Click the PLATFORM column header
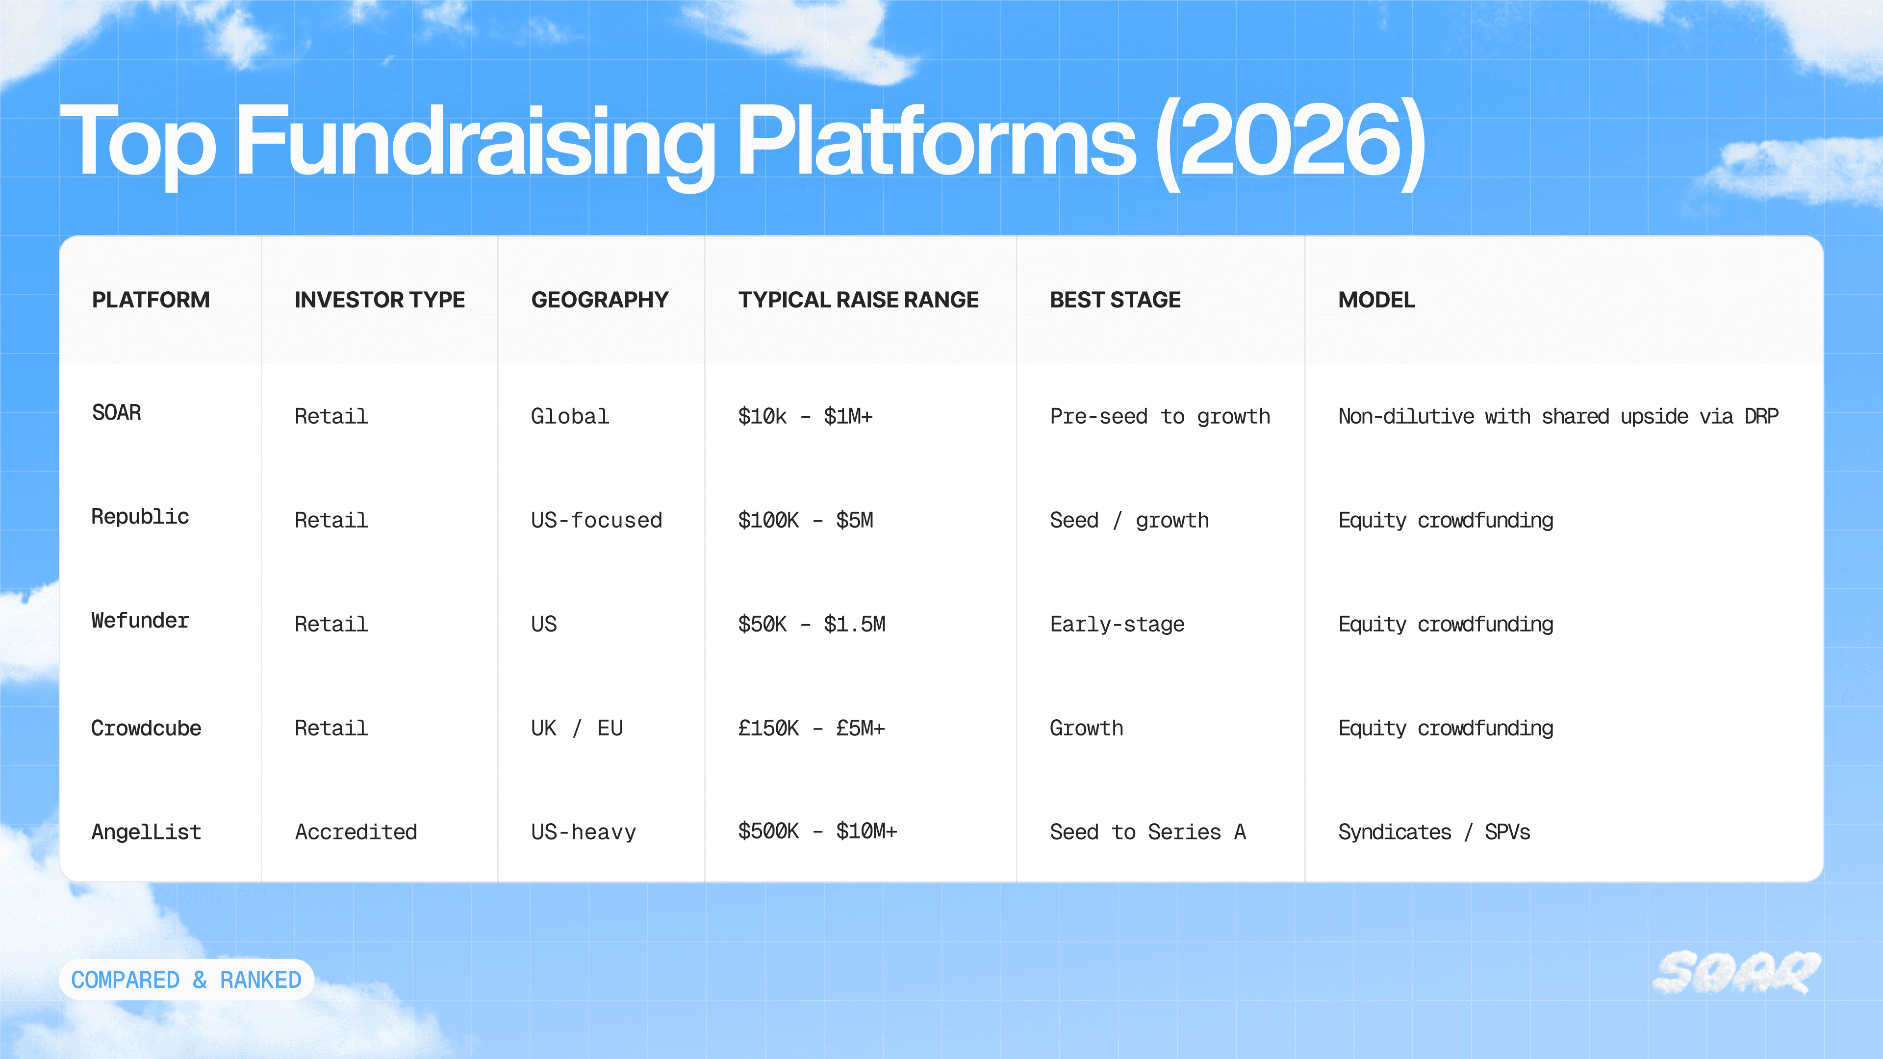(x=151, y=300)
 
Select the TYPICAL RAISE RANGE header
(x=858, y=300)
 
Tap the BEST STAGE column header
(x=1115, y=300)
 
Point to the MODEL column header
(x=1376, y=300)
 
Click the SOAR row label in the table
(x=116, y=413)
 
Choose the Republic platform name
(x=140, y=517)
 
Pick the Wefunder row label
(x=140, y=621)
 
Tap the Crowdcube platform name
(x=146, y=728)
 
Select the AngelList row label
(x=146, y=832)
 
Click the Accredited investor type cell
(x=356, y=832)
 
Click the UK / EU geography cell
(x=577, y=728)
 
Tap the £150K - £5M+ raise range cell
(x=812, y=728)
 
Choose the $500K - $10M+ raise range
(x=817, y=831)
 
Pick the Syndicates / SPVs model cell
(x=1434, y=832)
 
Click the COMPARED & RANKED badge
(x=186, y=980)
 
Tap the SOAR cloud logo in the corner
(x=1737, y=973)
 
